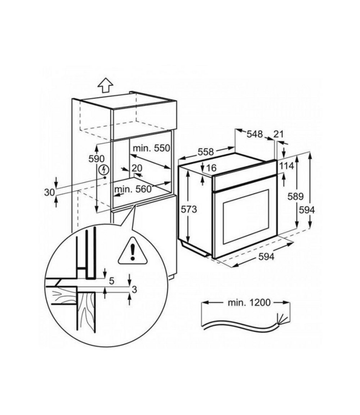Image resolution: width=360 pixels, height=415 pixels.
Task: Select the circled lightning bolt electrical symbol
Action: tap(102, 171)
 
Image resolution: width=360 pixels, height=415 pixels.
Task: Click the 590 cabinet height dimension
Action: tap(97, 159)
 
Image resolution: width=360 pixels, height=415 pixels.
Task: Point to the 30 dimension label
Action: tap(49, 192)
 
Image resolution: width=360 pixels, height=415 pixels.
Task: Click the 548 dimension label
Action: tap(255, 133)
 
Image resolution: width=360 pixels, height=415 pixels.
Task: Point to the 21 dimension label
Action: tap(279, 133)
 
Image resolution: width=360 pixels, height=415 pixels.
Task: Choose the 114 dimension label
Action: tap(287, 165)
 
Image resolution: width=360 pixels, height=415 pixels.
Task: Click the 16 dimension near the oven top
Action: tap(213, 168)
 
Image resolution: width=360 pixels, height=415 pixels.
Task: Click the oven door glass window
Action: tap(245, 217)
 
